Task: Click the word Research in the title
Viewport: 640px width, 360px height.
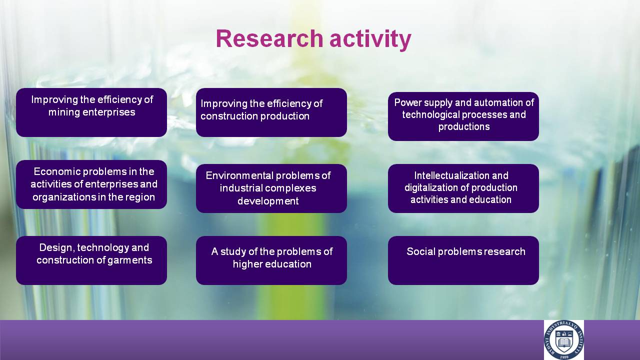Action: point(269,38)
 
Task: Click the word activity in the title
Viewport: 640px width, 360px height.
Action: point(370,39)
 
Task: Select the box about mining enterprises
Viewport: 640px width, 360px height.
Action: point(91,112)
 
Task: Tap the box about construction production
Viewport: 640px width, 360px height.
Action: point(271,112)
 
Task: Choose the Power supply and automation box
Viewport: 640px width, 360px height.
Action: point(463,116)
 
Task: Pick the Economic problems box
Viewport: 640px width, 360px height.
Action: point(91,184)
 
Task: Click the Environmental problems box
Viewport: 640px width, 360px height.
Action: point(271,188)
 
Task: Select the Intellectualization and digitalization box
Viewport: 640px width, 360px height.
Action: point(463,188)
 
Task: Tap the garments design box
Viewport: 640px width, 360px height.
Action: point(91,260)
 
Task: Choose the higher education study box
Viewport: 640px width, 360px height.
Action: point(271,260)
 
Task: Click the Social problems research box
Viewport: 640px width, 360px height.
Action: point(463,260)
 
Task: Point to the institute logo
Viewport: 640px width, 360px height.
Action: point(563,340)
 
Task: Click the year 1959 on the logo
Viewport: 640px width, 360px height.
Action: point(564,357)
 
